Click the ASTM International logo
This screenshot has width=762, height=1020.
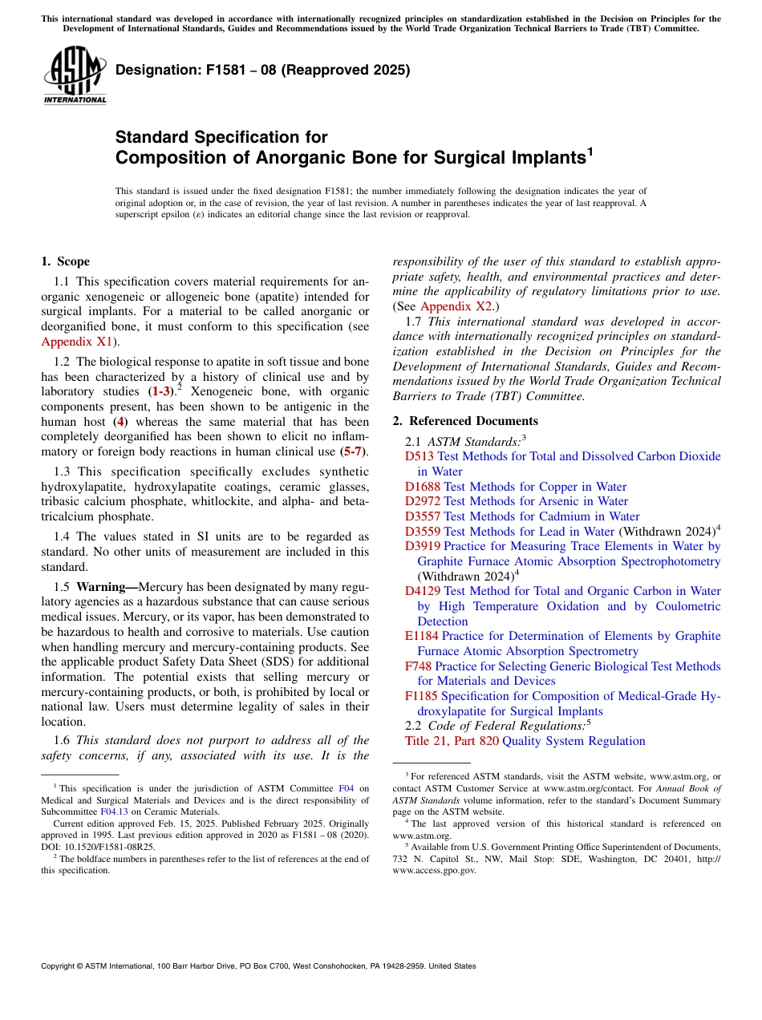[x=75, y=76]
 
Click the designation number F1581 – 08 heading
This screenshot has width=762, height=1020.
[x=263, y=70]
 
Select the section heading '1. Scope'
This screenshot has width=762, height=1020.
[x=65, y=261]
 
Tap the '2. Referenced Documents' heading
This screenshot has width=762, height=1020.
[x=465, y=421]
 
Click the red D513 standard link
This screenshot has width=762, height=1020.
[x=420, y=456]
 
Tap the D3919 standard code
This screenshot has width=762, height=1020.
[x=422, y=546]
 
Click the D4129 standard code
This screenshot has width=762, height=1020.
[x=422, y=591]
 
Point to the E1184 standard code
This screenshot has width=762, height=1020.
[x=421, y=636]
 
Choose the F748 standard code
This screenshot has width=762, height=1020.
[x=418, y=666]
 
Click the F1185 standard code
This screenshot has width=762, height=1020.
[x=421, y=696]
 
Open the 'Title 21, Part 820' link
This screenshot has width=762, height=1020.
[x=452, y=741]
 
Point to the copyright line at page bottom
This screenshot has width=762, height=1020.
[x=258, y=966]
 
